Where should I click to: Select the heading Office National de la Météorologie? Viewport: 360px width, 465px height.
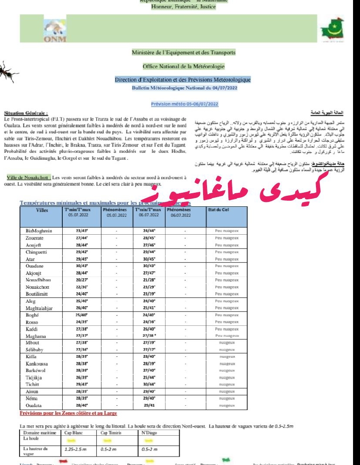(x=183, y=66)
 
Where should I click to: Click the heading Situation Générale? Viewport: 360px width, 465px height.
(x=26, y=113)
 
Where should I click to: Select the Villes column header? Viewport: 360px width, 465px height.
(x=38, y=210)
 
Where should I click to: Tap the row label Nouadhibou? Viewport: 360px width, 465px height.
(x=40, y=280)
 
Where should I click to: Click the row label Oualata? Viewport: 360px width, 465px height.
(x=34, y=406)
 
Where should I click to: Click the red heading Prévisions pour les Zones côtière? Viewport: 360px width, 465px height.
(x=68, y=413)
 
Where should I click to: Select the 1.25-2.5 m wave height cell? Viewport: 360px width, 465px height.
(x=74, y=448)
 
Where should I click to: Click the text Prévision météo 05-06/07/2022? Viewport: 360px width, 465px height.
(x=184, y=104)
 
